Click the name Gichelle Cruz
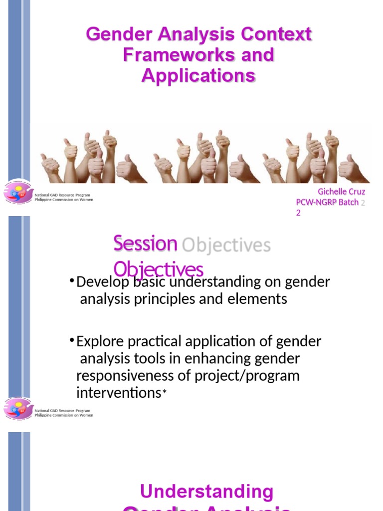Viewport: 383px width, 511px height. point(341,192)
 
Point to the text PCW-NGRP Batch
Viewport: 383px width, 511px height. point(327,202)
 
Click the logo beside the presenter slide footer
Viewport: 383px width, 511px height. point(18,193)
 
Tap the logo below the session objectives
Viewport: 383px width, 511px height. point(18,409)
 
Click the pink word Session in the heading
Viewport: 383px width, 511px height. point(145,244)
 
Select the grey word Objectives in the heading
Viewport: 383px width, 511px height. point(226,245)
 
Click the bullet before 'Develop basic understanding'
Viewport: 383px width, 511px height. point(72,281)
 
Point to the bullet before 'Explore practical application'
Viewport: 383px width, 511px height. point(72,341)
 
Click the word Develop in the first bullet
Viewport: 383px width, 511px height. point(101,282)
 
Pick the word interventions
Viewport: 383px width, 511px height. point(118,393)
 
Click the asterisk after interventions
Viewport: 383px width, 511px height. point(164,394)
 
